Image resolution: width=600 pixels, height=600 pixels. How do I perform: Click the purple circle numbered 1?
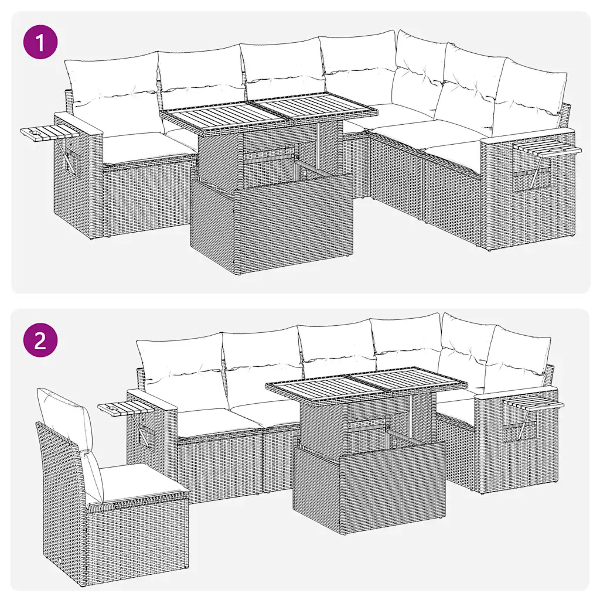[x=40, y=42]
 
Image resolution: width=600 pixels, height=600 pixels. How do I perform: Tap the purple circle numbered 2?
[x=40, y=340]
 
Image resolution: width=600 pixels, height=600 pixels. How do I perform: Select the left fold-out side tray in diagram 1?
[x=51, y=134]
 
